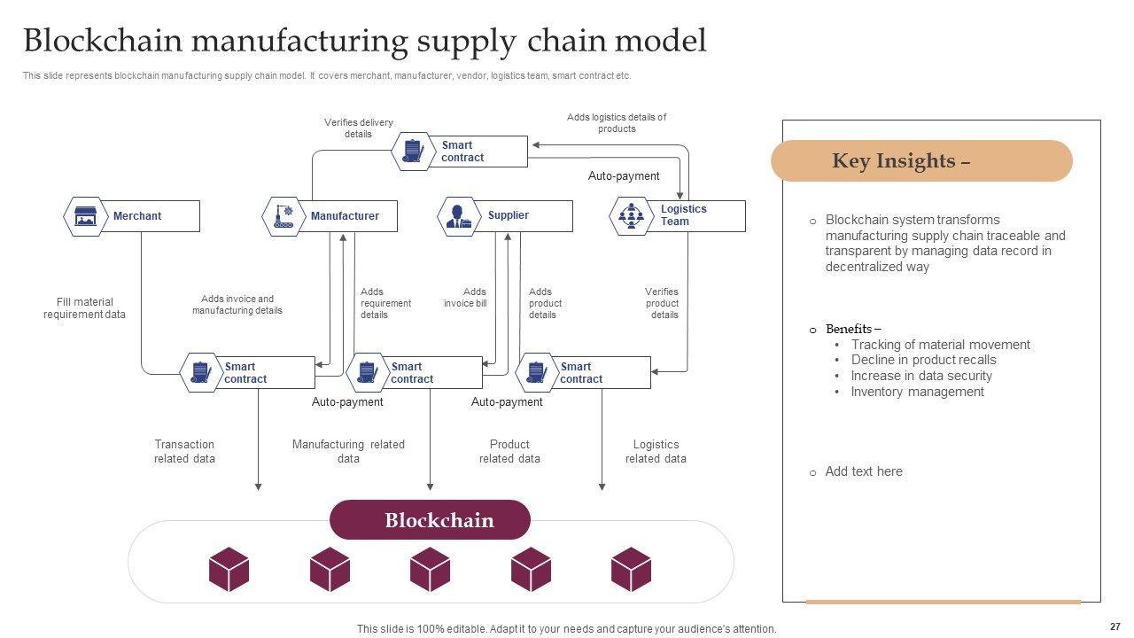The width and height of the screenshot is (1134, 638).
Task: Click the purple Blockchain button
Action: (430, 520)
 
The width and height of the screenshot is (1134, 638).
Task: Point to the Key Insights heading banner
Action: (921, 161)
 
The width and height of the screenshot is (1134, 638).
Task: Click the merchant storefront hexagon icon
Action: (86, 216)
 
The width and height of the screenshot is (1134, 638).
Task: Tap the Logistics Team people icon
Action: (631, 216)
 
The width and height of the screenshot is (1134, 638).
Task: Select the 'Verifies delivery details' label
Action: (358, 128)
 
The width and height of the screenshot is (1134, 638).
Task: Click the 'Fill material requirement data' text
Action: (84, 308)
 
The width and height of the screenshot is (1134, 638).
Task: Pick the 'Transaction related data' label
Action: (184, 452)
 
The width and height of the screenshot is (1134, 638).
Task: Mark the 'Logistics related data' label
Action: (656, 452)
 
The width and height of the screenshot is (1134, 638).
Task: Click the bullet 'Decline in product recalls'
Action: (923, 360)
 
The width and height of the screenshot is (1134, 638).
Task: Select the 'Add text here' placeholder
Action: (864, 471)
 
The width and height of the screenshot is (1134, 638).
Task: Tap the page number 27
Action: (1115, 626)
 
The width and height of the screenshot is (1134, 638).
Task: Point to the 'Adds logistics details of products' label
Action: (617, 122)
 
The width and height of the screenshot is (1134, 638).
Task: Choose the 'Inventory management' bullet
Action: (917, 392)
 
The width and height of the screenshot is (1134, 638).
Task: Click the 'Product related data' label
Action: (509, 452)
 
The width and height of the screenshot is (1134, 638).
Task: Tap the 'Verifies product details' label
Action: (662, 303)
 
